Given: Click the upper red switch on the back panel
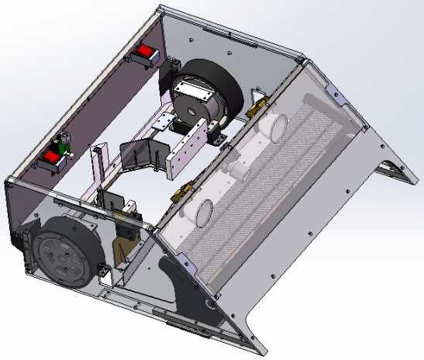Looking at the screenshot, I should pyautogui.click(x=144, y=55).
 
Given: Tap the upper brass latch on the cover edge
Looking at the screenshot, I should pyautogui.click(x=257, y=106).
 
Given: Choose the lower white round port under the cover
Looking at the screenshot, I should pyautogui.click(x=205, y=210).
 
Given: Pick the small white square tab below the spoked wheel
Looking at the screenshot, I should pyautogui.click(x=102, y=272).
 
